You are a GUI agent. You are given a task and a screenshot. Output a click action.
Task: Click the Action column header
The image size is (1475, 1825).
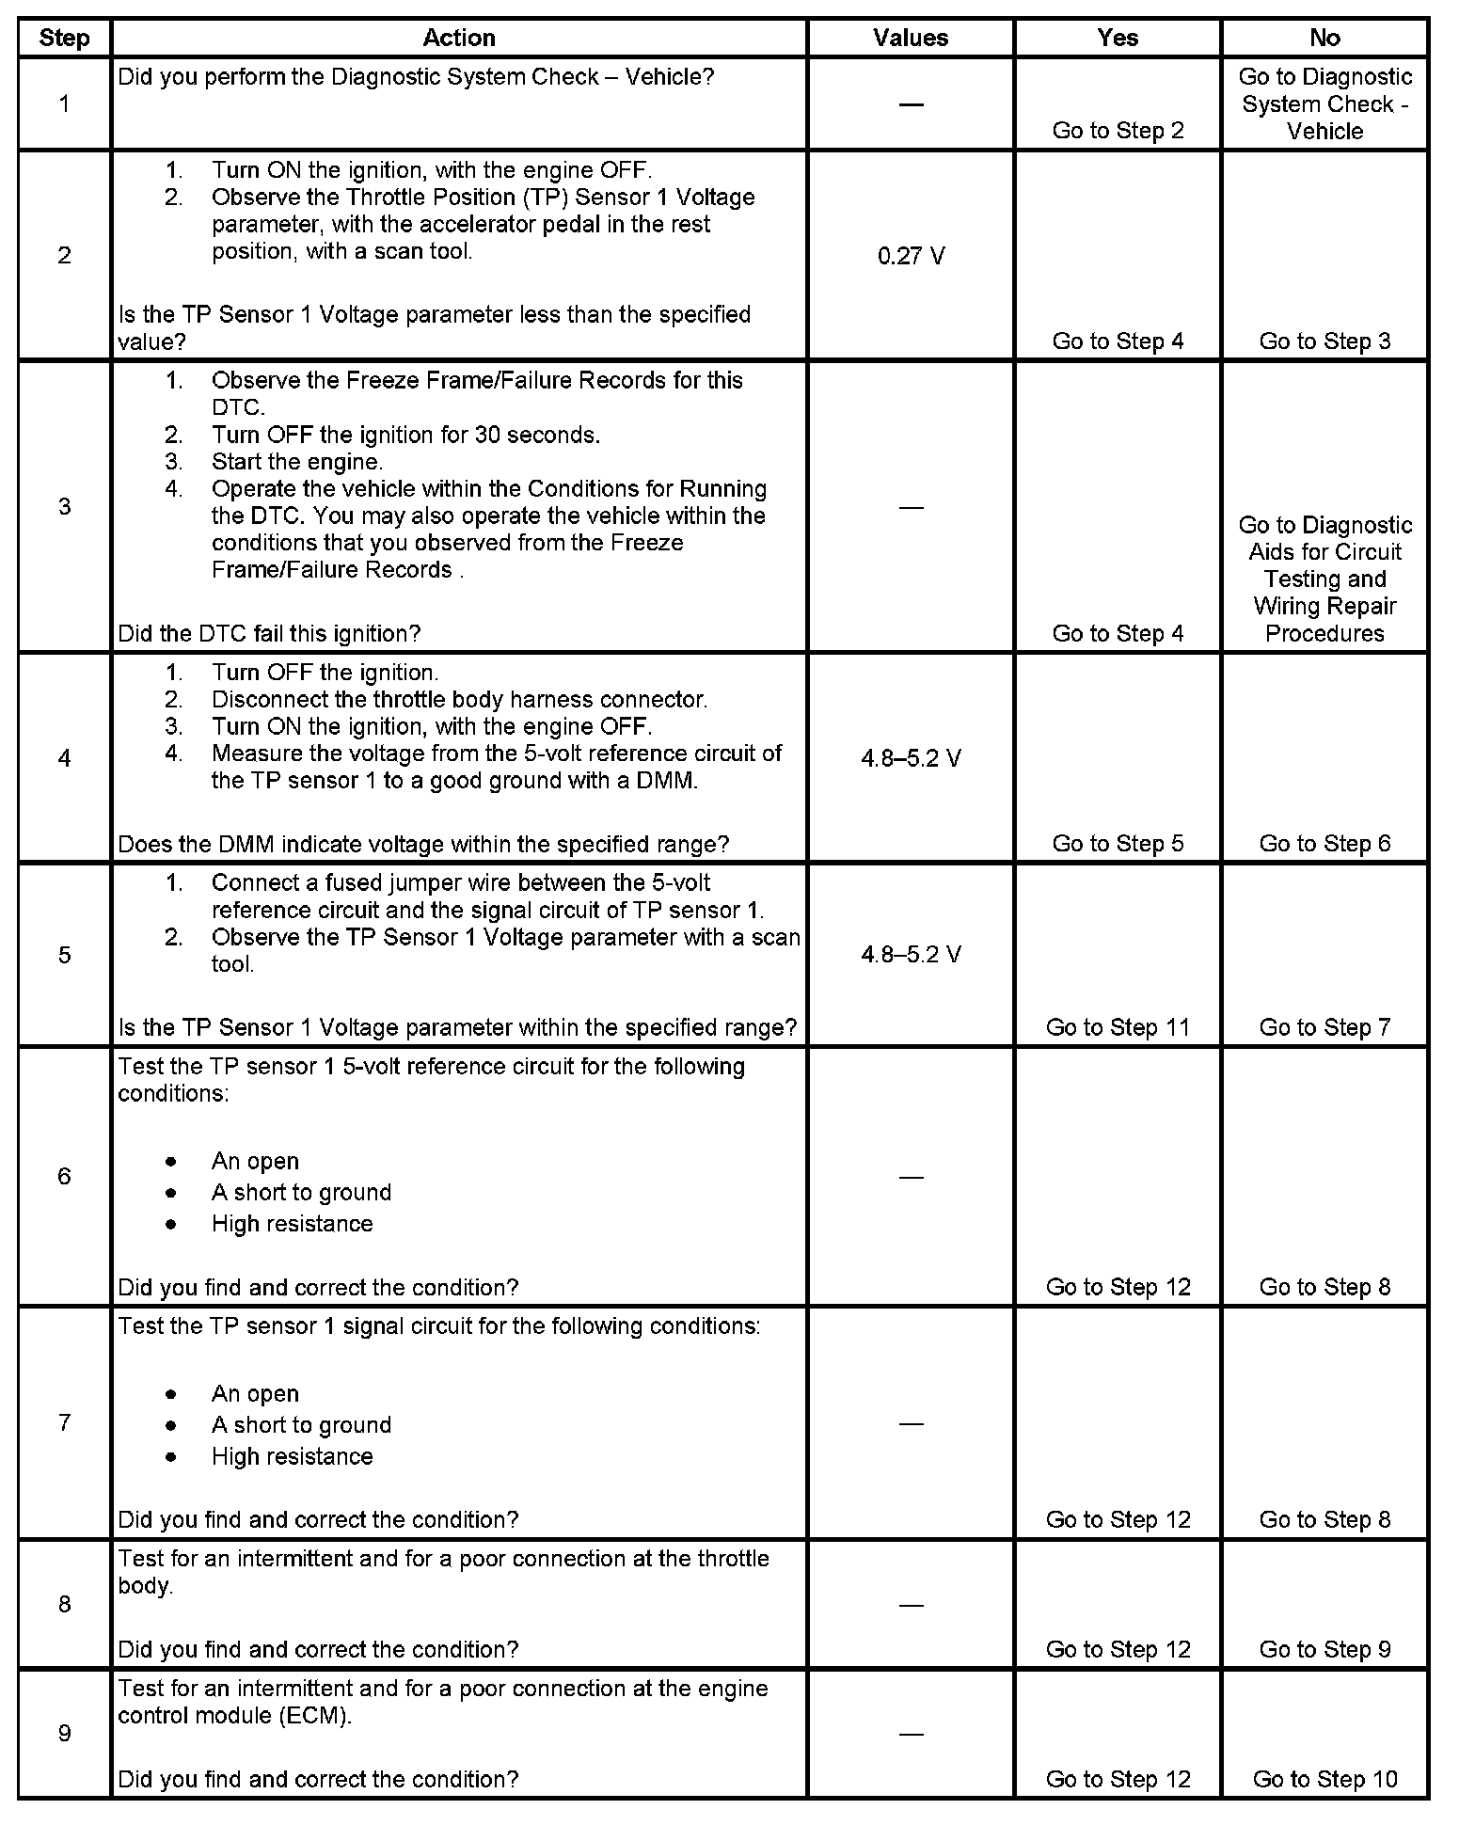459,38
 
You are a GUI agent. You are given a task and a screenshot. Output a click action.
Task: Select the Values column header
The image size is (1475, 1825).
911,38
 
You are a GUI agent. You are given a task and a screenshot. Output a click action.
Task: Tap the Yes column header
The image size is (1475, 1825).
1118,38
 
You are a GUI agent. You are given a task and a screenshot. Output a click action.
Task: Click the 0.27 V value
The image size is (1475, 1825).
911,256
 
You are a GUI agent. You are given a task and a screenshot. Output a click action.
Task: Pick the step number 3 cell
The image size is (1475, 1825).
64,507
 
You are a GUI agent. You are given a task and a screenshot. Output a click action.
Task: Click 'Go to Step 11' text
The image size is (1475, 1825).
1118,1027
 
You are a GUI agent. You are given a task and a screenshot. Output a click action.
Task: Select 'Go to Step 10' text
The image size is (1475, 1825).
1324,1779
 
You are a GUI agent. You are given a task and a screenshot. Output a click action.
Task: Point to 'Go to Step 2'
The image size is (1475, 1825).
1118,131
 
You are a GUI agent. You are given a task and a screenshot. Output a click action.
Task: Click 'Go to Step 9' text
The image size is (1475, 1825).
1324,1649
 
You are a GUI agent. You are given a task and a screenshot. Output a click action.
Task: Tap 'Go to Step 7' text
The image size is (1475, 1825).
1324,1027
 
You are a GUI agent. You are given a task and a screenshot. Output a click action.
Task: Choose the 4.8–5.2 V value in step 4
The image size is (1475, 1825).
911,758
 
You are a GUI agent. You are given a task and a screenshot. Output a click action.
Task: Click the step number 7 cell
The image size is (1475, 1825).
64,1422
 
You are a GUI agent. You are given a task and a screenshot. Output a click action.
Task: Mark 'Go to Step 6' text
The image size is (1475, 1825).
1324,844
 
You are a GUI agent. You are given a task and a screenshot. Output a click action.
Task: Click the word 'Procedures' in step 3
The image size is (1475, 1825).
1324,633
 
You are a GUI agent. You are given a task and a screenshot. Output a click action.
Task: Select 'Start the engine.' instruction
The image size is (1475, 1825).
297,462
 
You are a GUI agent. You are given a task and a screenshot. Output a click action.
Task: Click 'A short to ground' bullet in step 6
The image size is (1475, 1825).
301,1193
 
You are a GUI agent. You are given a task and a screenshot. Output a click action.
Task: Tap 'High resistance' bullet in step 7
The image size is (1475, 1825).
292,1457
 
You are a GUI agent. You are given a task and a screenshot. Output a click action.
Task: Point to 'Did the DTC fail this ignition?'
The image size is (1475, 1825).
269,633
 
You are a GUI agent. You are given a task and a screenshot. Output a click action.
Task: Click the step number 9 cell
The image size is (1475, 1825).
64,1734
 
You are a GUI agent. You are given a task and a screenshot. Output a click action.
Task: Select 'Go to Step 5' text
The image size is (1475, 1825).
1118,844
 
